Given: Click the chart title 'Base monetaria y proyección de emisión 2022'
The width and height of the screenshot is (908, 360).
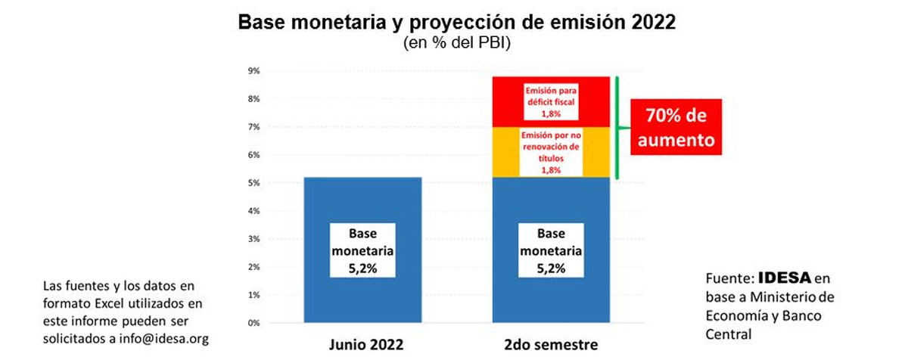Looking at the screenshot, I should click(x=456, y=22).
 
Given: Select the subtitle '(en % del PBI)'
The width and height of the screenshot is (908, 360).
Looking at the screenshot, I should click(x=456, y=44).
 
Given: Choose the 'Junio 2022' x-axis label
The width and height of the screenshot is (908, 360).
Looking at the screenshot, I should click(x=362, y=344).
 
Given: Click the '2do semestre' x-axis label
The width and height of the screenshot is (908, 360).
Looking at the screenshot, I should click(x=551, y=344).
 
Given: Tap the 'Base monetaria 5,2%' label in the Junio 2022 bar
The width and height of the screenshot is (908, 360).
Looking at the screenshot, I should click(x=362, y=250).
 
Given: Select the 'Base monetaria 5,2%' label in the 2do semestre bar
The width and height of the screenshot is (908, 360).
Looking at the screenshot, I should click(x=551, y=250).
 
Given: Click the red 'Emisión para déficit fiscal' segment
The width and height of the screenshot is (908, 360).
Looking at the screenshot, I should click(x=551, y=101).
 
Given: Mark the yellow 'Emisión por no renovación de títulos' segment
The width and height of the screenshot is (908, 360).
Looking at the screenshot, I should click(x=551, y=152).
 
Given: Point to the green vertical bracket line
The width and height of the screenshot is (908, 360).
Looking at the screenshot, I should click(x=617, y=127).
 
